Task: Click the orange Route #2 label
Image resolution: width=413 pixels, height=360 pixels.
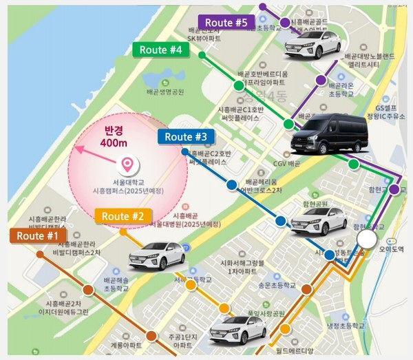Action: click(123, 216)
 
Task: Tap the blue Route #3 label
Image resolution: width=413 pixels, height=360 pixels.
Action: click(186, 136)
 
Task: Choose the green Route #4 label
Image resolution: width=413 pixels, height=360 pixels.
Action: click(160, 50)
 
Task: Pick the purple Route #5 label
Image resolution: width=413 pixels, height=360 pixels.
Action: click(226, 23)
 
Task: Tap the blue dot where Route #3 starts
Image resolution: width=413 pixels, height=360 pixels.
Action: click(184, 151)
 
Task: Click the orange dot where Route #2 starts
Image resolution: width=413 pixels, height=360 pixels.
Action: click(123, 231)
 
